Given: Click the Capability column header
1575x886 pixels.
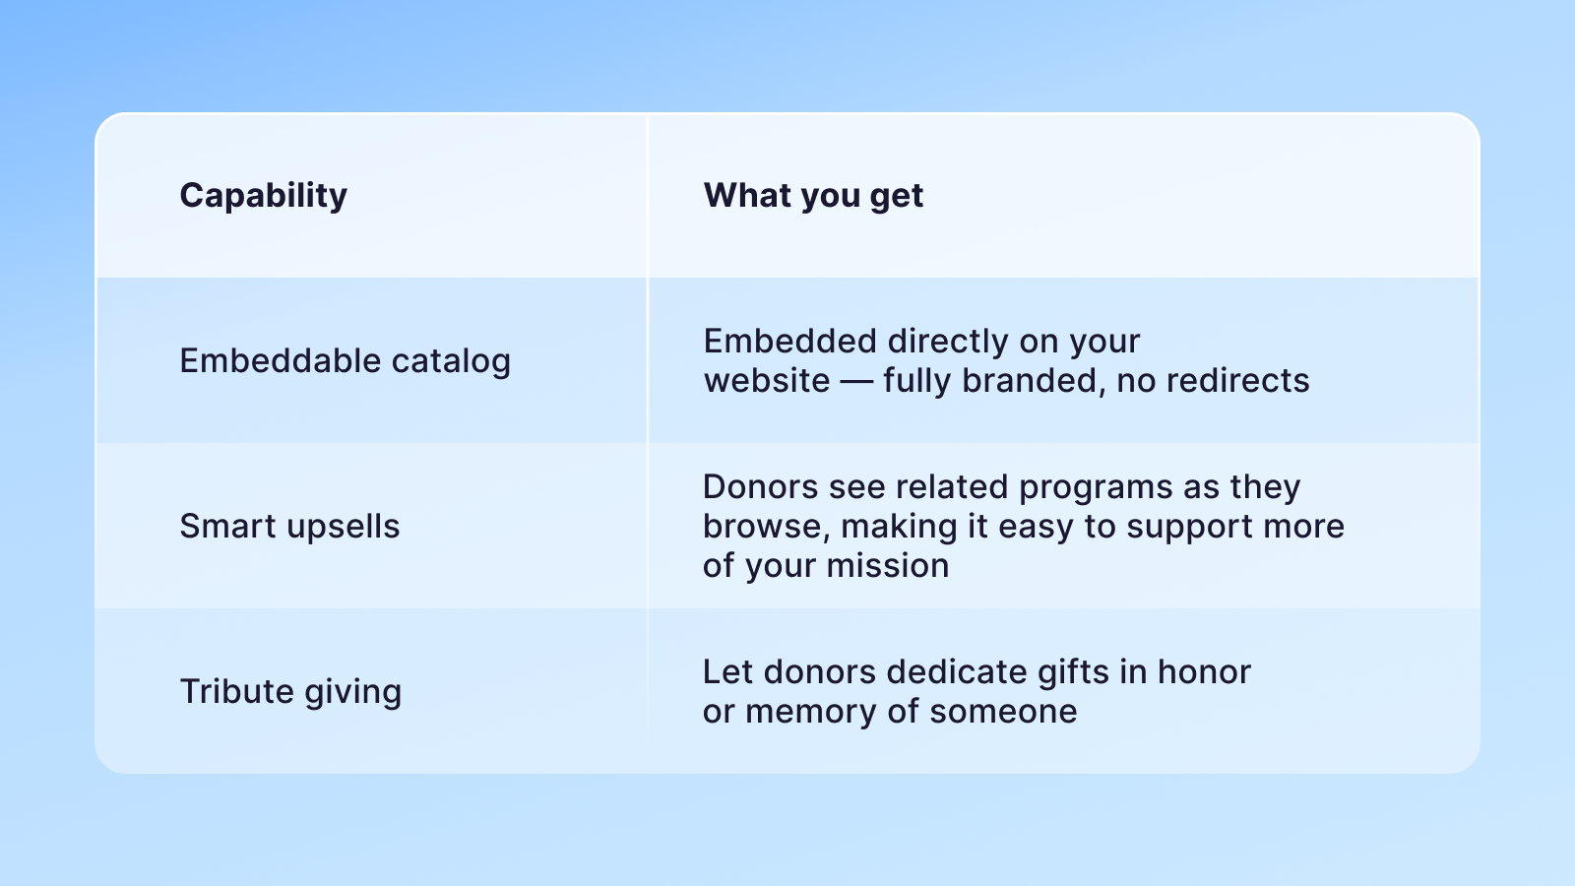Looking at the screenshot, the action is [x=263, y=196].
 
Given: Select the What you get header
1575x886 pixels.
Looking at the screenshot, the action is [x=813, y=196].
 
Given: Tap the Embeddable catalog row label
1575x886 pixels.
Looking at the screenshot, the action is [x=345, y=361].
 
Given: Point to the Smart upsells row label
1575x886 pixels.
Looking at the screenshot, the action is [x=289, y=526].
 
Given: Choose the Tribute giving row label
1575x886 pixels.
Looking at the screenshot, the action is [x=290, y=692].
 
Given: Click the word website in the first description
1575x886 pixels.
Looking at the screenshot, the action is [x=767, y=381].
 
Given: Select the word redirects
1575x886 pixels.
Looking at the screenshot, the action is [x=1238, y=381].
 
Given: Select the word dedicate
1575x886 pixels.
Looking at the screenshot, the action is [x=957, y=672].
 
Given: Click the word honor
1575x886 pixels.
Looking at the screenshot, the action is [x=1205, y=672].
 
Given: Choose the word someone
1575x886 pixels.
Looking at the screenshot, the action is [x=1003, y=712].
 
